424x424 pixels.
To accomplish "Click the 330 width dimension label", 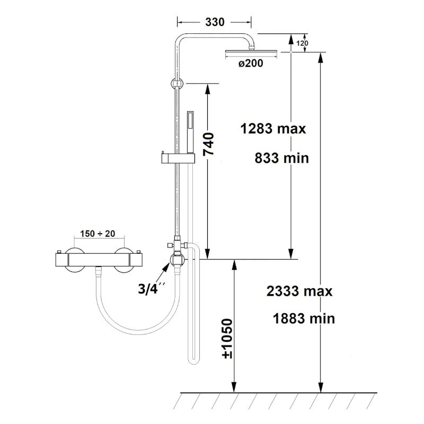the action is (215, 22).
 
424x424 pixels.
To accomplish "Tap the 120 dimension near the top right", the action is (302, 43).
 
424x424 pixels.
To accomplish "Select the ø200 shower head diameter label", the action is (251, 63).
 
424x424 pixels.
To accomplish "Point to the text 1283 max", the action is (273, 129).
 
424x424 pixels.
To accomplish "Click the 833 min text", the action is (282, 158).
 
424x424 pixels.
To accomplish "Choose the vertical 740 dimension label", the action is (208, 144).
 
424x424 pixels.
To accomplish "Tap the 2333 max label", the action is (299, 291).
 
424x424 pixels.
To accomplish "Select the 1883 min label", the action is (304, 319).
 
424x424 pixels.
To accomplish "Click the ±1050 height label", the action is (227, 339).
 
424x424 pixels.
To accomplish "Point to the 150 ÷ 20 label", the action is (98, 233).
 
